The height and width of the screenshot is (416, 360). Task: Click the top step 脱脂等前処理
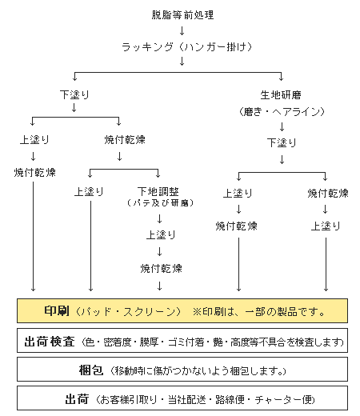(x=182, y=14)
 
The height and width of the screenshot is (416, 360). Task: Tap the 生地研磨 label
(x=282, y=94)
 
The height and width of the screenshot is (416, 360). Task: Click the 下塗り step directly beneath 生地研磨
(x=282, y=143)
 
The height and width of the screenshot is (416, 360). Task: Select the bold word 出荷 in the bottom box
(x=77, y=398)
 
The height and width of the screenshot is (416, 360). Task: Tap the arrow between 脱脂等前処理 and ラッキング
(x=182, y=30)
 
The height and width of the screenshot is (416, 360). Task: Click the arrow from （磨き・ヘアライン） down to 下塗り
(x=282, y=126)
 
